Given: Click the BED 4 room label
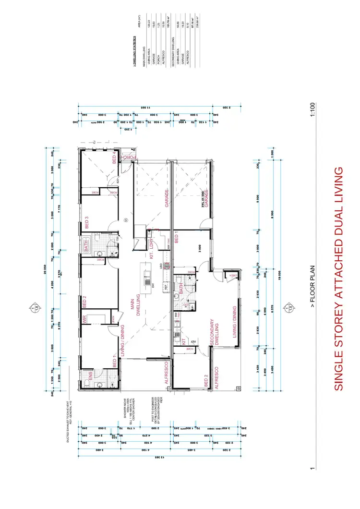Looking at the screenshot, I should point(114,157).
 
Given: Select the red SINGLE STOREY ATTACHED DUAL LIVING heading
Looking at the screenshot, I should point(338,279).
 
